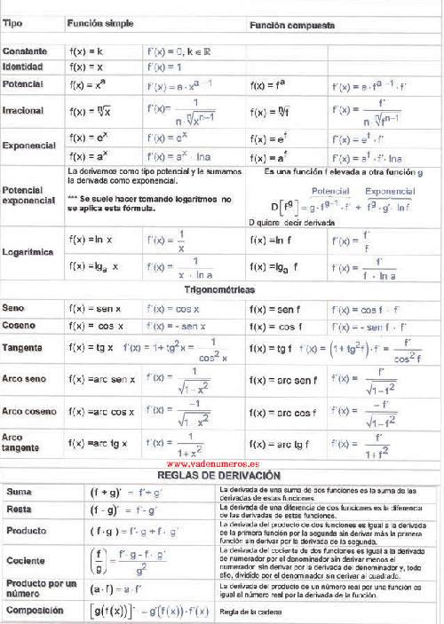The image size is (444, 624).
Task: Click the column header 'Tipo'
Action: click(x=12, y=23)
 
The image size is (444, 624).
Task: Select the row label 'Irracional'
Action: click(x=25, y=113)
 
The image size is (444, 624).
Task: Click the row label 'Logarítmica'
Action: click(x=29, y=252)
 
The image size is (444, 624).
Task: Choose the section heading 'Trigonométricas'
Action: click(x=219, y=290)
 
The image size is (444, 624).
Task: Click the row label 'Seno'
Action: click(x=14, y=308)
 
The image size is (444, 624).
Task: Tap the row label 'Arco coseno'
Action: click(x=29, y=411)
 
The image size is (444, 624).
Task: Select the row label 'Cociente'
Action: click(x=24, y=561)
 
